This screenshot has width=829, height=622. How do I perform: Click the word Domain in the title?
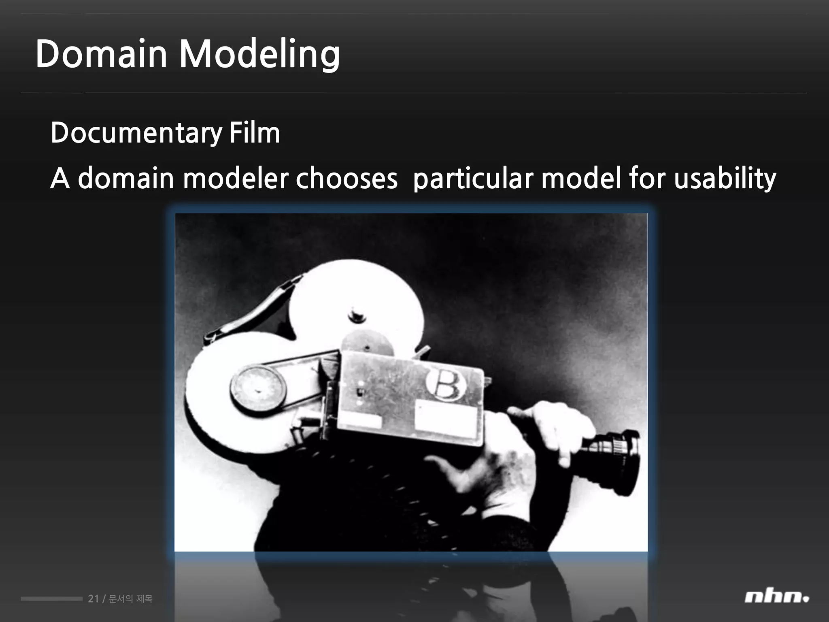coord(101,54)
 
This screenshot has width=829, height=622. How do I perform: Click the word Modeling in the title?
coord(259,55)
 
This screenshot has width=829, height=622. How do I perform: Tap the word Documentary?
coord(136,133)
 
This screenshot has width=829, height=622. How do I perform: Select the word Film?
coord(255,132)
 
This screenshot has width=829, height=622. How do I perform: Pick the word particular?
coord(473,179)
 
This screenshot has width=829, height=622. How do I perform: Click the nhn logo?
coord(776,597)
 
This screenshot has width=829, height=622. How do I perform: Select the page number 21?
coord(93,599)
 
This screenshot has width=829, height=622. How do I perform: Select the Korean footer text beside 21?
coord(131,599)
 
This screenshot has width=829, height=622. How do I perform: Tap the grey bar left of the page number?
coord(51,599)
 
